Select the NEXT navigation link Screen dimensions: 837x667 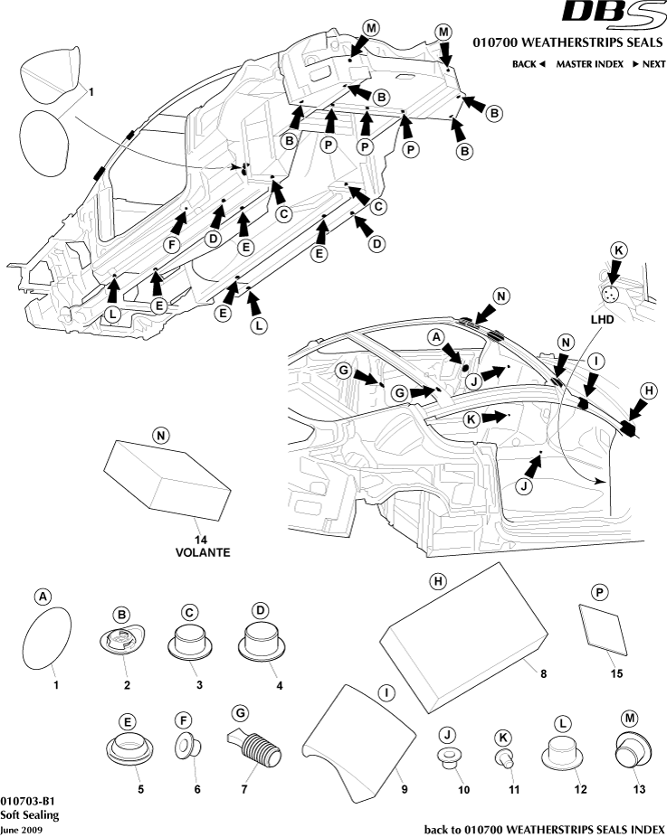tap(648, 64)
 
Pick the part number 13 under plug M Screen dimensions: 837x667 tap(639, 788)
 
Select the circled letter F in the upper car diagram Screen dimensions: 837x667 tap(171, 243)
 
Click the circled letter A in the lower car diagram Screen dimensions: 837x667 tap(435, 336)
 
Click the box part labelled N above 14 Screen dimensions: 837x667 tap(159, 475)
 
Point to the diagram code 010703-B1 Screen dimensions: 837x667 tap(28, 800)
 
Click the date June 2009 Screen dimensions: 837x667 tap(21, 829)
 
